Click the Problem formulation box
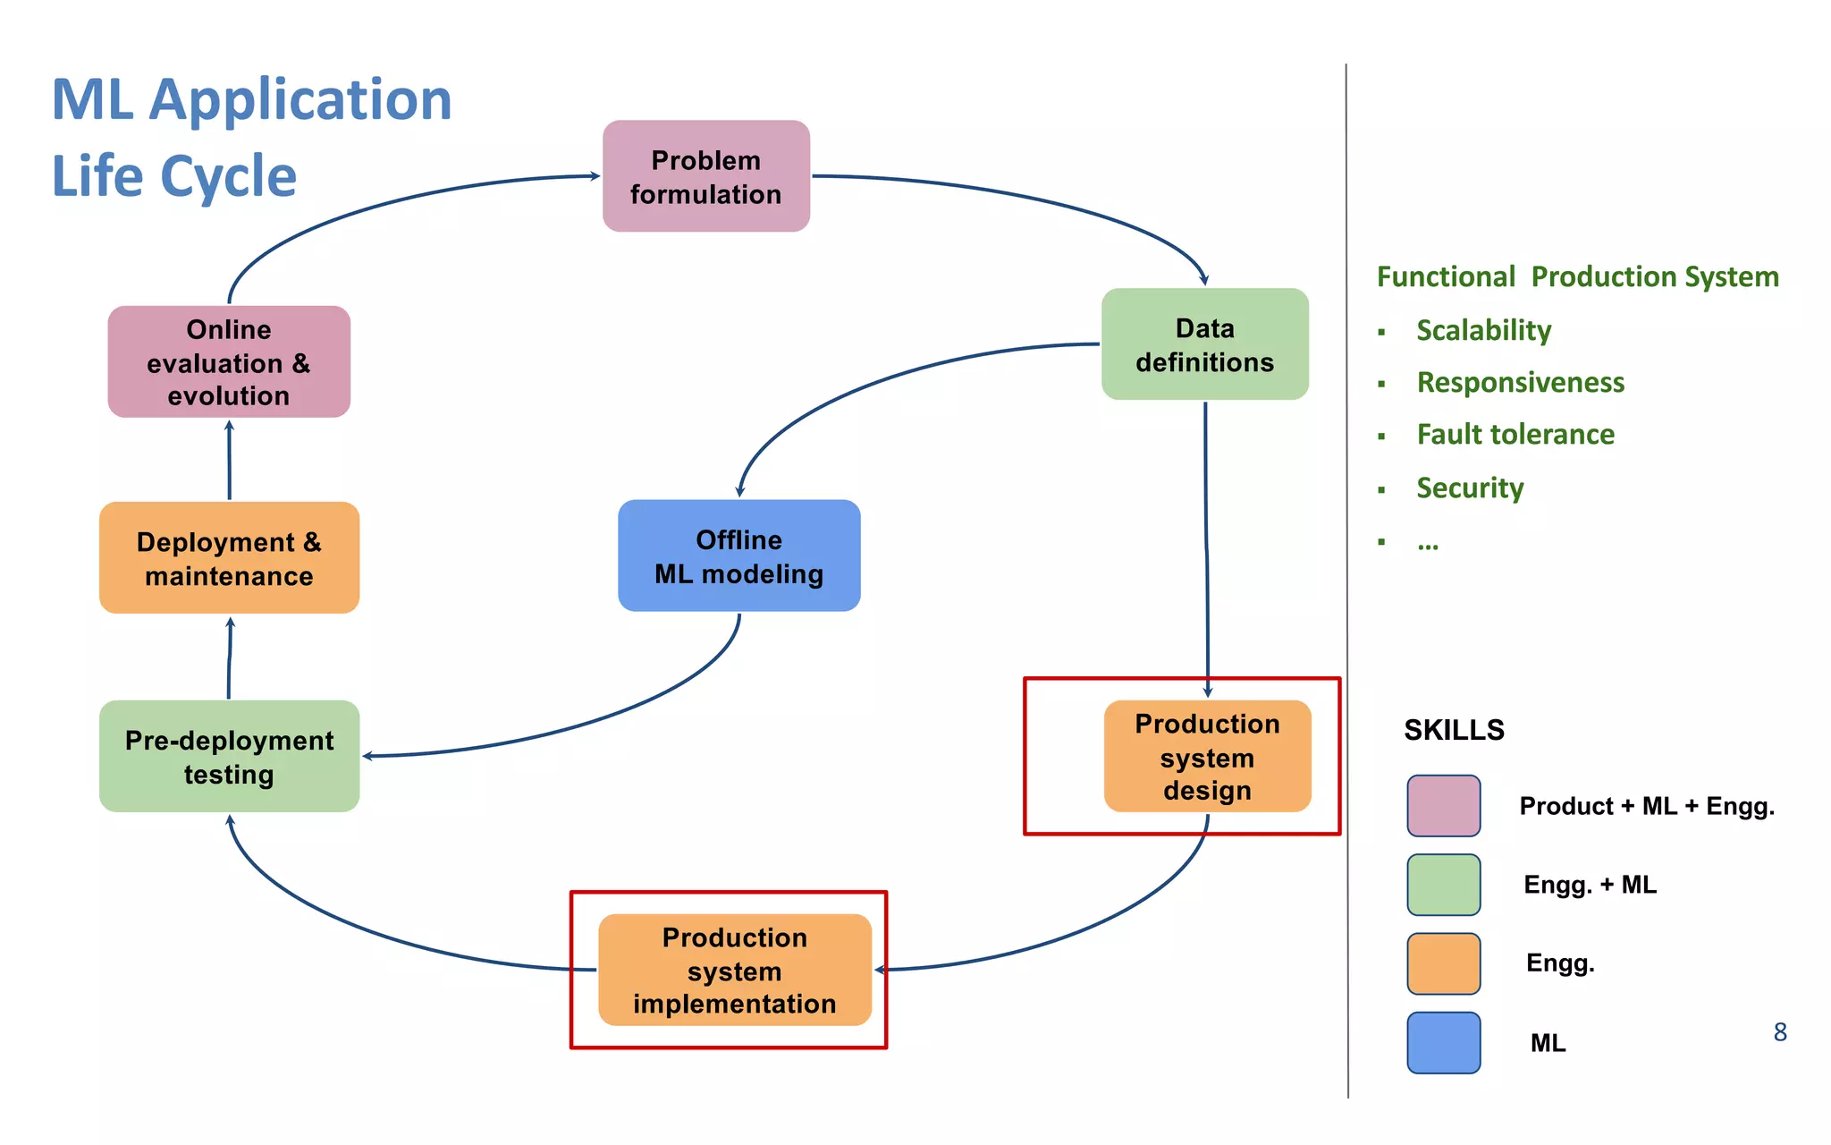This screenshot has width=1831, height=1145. [x=705, y=176]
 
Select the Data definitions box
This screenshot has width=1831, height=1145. [x=1204, y=344]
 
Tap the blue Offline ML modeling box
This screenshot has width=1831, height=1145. [x=738, y=556]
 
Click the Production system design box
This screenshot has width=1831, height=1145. [x=1207, y=756]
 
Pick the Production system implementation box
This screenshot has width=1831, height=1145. [x=734, y=970]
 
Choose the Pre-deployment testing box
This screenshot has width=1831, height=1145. [x=229, y=756]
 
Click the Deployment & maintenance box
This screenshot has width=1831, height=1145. [x=229, y=557]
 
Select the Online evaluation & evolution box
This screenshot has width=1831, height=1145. [x=229, y=361]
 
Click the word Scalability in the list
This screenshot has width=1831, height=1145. [x=1483, y=330]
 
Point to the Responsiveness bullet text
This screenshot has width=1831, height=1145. [x=1520, y=382]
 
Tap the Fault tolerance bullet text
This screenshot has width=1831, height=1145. [x=1515, y=435]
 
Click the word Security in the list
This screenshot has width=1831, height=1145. [x=1470, y=488]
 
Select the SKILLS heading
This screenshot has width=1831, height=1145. [x=1454, y=730]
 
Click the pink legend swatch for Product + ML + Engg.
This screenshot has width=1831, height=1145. [x=1443, y=806]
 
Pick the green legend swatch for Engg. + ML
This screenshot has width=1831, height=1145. [x=1443, y=885]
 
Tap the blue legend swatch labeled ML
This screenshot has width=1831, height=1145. [x=1443, y=1042]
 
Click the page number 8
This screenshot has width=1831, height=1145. [x=1780, y=1032]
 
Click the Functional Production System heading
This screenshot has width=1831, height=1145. [x=1577, y=276]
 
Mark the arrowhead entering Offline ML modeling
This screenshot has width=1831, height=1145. [x=739, y=491]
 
